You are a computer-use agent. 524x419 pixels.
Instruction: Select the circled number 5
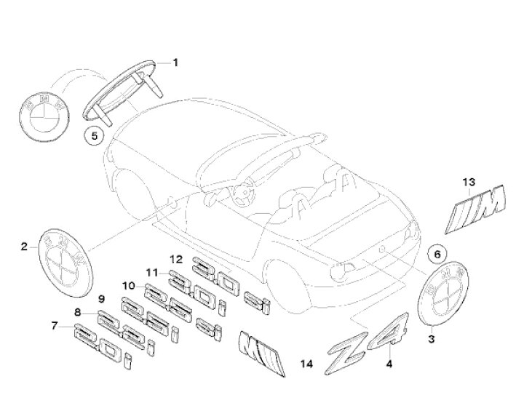click(x=92, y=134)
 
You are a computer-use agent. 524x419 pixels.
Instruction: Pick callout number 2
click(x=23, y=247)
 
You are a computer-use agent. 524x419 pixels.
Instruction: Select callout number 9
click(x=102, y=299)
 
